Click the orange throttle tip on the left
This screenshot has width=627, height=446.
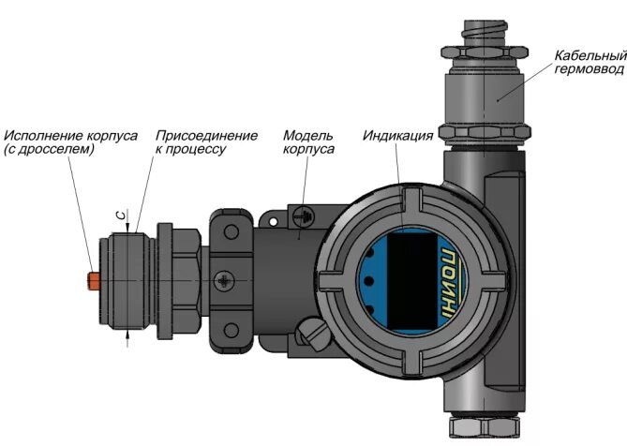pos(91,280)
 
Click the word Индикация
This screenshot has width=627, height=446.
pos(397,136)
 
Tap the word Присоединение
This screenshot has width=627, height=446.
pos(206,136)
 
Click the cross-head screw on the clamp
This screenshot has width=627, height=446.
pos(224,280)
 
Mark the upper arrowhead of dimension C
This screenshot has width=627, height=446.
pos(128,227)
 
